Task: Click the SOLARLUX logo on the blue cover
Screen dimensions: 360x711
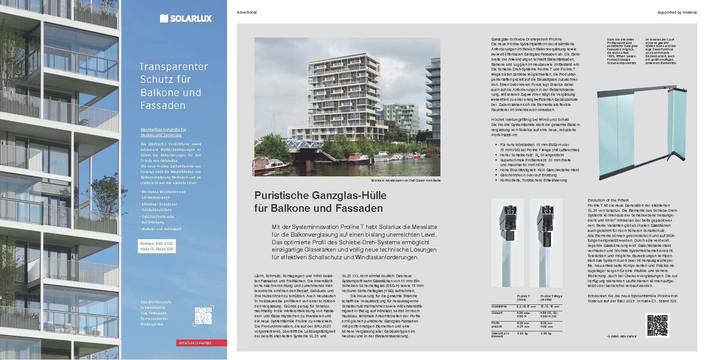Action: [186, 18]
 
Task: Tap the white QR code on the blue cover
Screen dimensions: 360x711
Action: [203, 316]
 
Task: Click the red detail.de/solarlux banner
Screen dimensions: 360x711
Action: [201, 343]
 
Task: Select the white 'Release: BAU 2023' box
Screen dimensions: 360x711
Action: [157, 246]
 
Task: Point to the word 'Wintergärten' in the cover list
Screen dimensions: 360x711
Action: [152, 324]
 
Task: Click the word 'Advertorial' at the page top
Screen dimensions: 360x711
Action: [247, 12]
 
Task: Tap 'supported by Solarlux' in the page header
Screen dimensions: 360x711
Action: [677, 12]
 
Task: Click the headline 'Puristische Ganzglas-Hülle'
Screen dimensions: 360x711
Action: [320, 196]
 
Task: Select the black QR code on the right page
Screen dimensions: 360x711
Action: [657, 325]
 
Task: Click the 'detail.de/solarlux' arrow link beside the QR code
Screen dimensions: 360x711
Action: [621, 336]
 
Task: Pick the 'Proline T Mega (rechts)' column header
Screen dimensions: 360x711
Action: [551, 298]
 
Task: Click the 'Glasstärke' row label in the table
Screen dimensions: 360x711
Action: [499, 306]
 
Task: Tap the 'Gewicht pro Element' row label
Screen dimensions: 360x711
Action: [500, 334]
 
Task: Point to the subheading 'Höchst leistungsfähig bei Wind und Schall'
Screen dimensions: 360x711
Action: [530, 120]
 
